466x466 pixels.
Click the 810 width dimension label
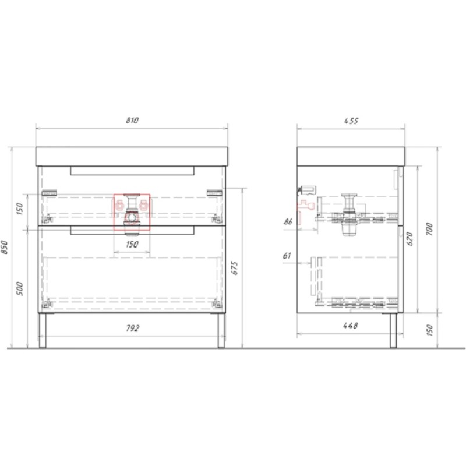(x=132, y=121)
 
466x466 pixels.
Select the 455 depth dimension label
(x=351, y=121)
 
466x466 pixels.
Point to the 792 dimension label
(x=133, y=328)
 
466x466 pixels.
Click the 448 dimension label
(x=351, y=326)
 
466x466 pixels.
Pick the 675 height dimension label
(x=235, y=268)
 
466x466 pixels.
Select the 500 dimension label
(x=20, y=288)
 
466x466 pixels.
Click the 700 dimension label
(x=430, y=229)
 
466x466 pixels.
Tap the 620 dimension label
(x=410, y=239)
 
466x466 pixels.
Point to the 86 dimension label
(x=288, y=221)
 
